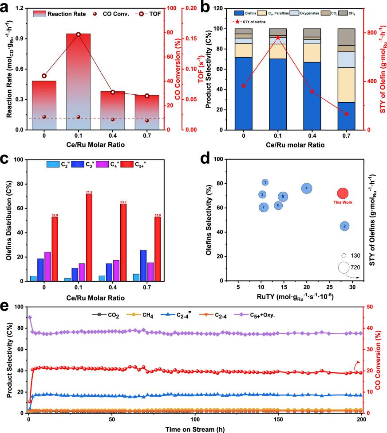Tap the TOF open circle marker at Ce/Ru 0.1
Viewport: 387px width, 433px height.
pyautogui.click(x=78, y=34)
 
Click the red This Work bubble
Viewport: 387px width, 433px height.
pyautogui.click(x=343, y=193)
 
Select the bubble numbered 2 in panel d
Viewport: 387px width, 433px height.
pyautogui.click(x=345, y=226)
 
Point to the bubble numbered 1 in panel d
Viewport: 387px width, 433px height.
pyautogui.click(x=265, y=182)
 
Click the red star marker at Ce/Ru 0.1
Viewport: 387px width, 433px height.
pyautogui.click(x=278, y=37)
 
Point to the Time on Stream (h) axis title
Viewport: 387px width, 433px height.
pyautogui.click(x=194, y=429)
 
